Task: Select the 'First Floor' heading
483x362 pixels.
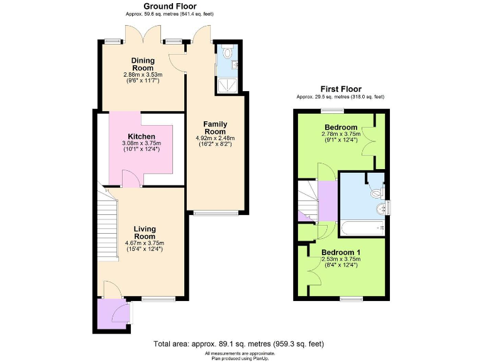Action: coord(340,89)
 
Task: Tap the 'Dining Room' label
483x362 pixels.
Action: coord(143,64)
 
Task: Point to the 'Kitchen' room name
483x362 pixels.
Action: coord(142,136)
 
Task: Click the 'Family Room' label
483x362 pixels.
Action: coord(214,128)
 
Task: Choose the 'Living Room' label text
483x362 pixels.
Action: coord(144,233)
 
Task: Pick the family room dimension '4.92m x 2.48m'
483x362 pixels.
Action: coord(214,138)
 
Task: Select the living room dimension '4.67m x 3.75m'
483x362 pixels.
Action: coord(144,243)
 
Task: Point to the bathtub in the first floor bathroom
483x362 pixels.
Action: coord(362,230)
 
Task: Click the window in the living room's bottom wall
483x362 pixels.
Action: coord(154,299)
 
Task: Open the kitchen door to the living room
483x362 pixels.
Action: coord(130,182)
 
